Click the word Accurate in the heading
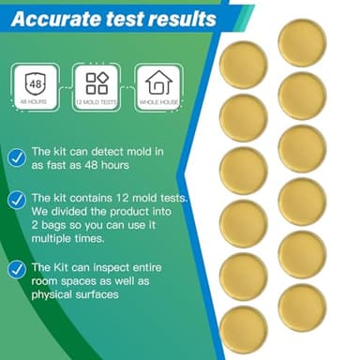61,18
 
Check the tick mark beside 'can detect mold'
16,157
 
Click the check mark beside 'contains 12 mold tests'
16,201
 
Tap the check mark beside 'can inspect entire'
16,269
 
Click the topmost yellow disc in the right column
302,42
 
